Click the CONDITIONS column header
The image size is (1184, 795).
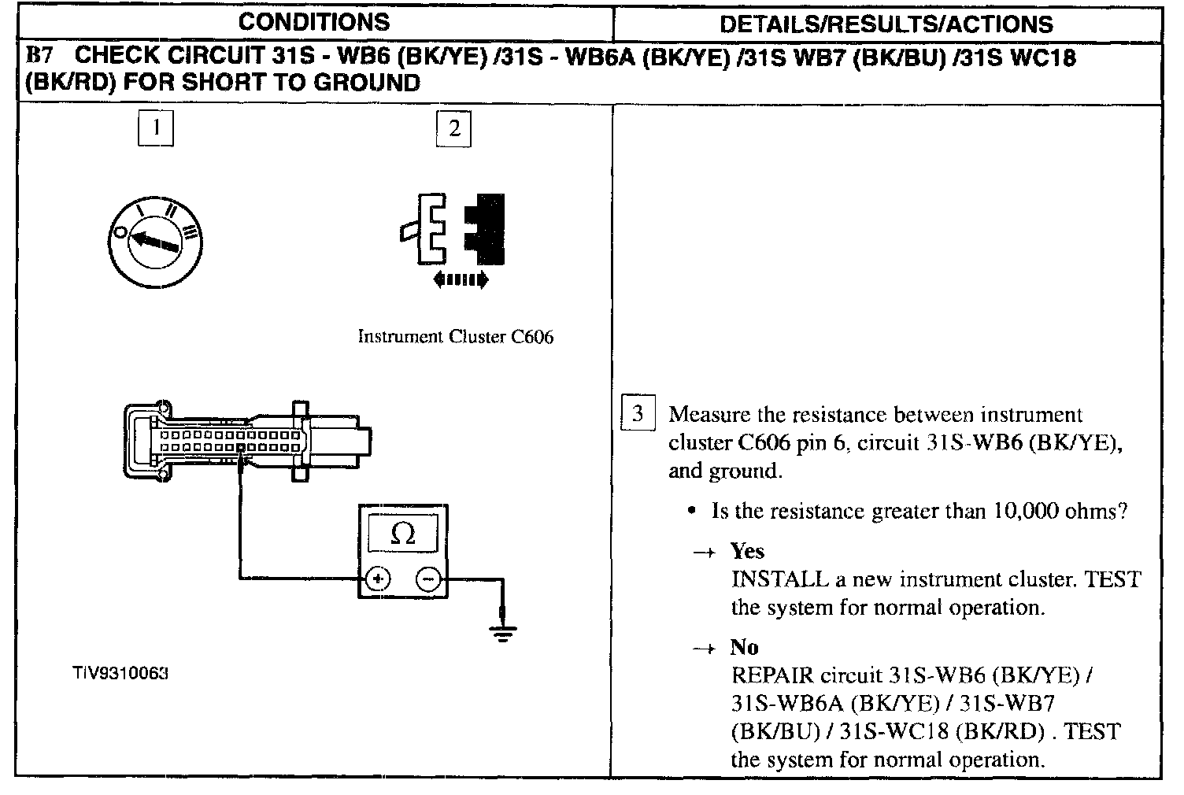pyautogui.click(x=313, y=22)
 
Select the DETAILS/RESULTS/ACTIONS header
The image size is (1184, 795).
pyautogui.click(x=886, y=24)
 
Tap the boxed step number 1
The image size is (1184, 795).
pyautogui.click(x=156, y=128)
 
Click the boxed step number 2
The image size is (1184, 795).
pyautogui.click(x=453, y=129)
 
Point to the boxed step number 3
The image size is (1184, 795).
pyautogui.click(x=637, y=414)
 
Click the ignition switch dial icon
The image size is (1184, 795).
pyautogui.click(x=156, y=241)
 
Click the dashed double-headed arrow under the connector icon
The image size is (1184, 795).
pyautogui.click(x=461, y=279)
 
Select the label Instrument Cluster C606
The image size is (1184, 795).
pyautogui.click(x=456, y=337)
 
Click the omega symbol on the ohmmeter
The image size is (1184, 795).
pyautogui.click(x=402, y=535)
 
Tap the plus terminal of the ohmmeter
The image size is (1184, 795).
pyautogui.click(x=378, y=579)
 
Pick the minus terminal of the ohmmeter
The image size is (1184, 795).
pyautogui.click(x=428, y=579)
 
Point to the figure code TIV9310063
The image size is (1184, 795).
pyautogui.click(x=120, y=675)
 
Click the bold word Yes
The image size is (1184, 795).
pyautogui.click(x=747, y=551)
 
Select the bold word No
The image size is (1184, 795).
pyautogui.click(x=744, y=647)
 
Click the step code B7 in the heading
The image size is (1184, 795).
pyautogui.click(x=39, y=56)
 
